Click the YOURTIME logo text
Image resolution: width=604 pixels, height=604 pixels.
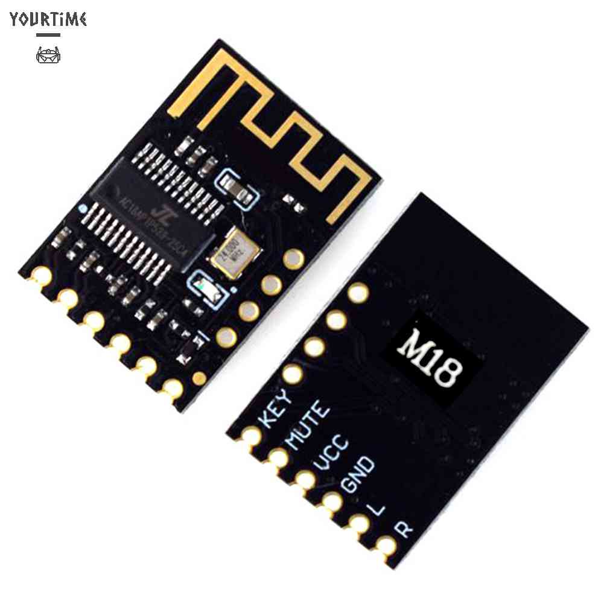48,19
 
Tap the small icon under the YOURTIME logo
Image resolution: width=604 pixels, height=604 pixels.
48,56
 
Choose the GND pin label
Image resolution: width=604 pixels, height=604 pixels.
358,474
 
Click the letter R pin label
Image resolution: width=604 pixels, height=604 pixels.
404,529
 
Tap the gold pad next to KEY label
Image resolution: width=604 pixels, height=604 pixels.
251,435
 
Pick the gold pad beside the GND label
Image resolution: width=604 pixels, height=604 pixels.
331,501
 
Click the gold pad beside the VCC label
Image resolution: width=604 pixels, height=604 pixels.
305,479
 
